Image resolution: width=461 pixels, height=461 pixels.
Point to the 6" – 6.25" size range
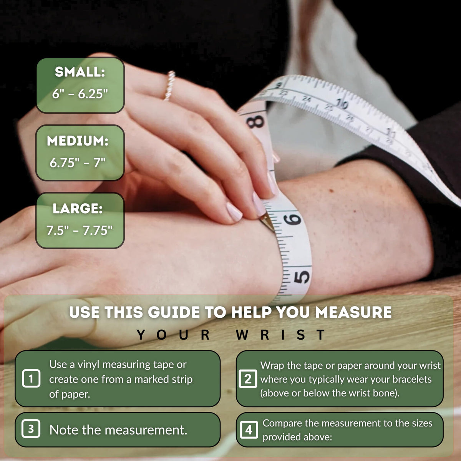coord(80,93)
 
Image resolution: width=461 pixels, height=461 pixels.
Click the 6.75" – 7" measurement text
coord(77,163)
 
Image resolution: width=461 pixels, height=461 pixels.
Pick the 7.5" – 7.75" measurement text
coord(79,230)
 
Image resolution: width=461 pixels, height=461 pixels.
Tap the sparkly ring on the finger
coord(170,85)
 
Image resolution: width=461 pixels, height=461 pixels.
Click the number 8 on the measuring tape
coord(255,121)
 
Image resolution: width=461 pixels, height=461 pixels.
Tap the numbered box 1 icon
coord(31,378)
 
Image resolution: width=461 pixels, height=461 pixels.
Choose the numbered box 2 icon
coord(248,379)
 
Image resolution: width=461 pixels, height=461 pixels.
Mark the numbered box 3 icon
coord(31,429)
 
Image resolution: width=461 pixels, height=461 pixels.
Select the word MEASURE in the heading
coord(353,312)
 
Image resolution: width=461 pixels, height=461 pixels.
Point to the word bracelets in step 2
coord(412,379)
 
